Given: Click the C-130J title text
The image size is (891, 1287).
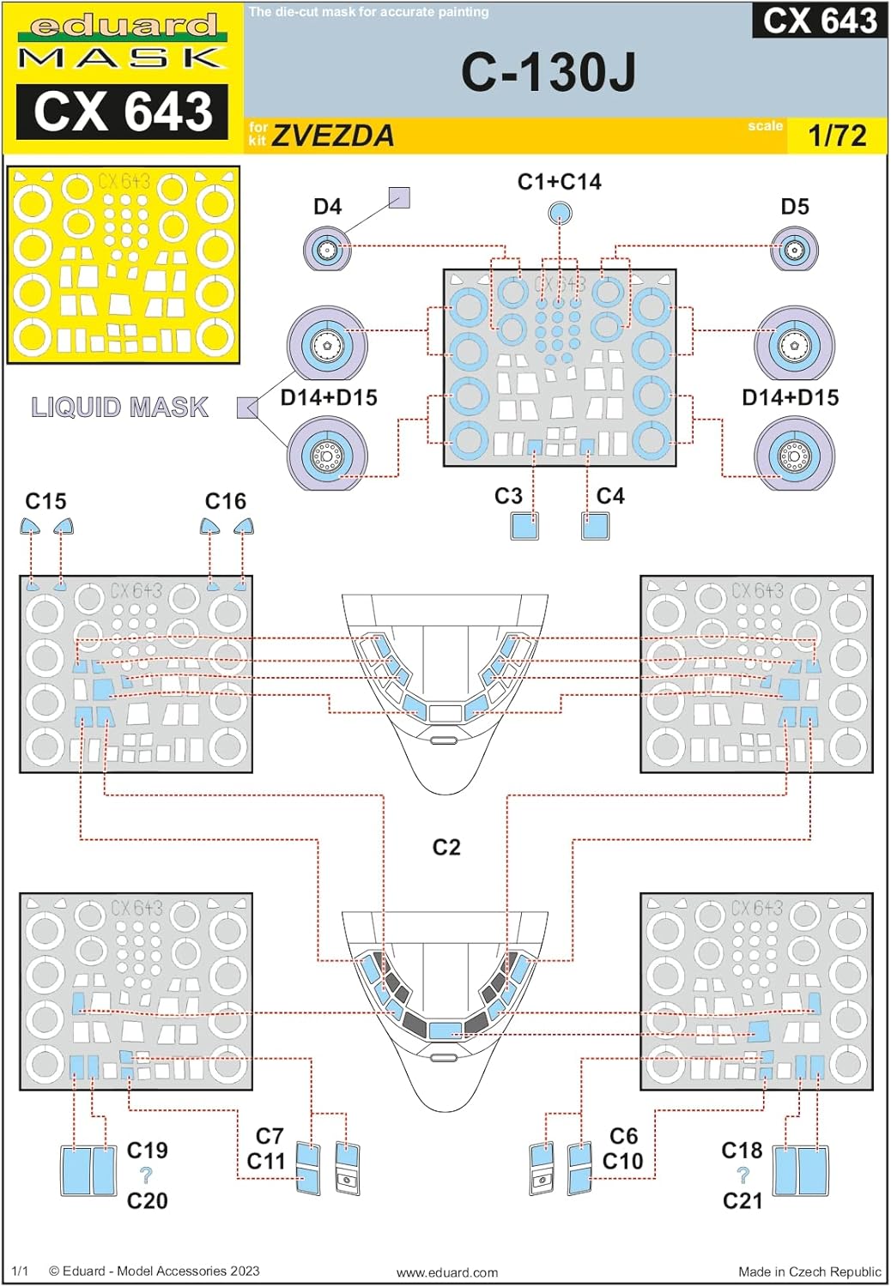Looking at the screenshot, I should tap(549, 72).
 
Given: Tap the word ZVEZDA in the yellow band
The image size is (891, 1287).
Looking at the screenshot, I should tap(333, 136).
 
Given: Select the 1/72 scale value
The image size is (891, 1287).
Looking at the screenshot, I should tap(837, 136).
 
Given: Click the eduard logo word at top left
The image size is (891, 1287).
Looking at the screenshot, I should tap(123, 27).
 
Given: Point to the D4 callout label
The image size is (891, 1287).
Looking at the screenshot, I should tap(327, 207).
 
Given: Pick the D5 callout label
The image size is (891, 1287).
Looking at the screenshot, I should tap(794, 207).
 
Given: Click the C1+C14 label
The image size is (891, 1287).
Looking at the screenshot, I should tap(559, 182).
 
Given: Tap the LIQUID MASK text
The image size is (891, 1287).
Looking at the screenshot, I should tap(120, 407).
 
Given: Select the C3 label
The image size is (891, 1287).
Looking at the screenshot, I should tap(508, 496).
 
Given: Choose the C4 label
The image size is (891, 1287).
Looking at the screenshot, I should tap(610, 496).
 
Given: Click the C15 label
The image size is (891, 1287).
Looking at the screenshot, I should tap(45, 501).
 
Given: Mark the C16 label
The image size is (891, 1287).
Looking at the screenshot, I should tap(226, 501).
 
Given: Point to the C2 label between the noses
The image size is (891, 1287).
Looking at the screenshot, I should tap(446, 848).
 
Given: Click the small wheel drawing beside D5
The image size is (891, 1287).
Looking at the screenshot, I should tap(794, 250).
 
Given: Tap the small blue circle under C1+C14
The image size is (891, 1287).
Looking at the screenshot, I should tap(559, 211).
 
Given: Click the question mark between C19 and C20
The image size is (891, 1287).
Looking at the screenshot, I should tap(146, 1175).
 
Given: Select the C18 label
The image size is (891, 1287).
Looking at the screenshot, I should tap(742, 1151).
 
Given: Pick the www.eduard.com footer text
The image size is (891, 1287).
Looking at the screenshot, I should tap(447, 1272).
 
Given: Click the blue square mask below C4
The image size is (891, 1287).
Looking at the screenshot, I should tap(595, 526).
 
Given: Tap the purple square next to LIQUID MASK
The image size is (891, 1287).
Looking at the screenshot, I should tap(247, 408).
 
